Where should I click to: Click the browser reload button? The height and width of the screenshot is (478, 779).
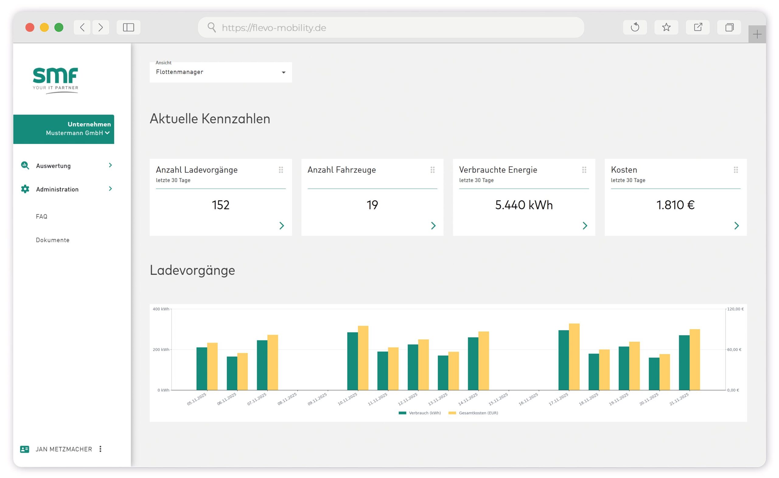[x=634, y=27]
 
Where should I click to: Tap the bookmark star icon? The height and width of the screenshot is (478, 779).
[x=666, y=27]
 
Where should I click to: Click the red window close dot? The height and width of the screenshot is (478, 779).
[x=30, y=27]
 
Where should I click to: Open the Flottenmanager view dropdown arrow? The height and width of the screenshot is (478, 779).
[x=284, y=72]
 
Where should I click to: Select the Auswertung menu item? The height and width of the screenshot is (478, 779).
[x=53, y=166]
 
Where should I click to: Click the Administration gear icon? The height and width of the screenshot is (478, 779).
[x=25, y=189]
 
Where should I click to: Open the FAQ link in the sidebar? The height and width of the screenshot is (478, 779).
[x=41, y=217]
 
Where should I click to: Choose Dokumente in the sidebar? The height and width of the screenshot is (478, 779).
[x=52, y=240]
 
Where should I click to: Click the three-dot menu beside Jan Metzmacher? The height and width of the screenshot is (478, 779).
[x=100, y=449]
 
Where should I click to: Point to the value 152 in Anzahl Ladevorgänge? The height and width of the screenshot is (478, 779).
[x=220, y=205]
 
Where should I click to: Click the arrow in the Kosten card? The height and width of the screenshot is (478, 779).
[x=736, y=226]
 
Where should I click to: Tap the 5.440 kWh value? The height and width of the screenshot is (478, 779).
[x=524, y=205]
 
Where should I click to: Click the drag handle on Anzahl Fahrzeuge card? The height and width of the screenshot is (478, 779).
[x=432, y=170]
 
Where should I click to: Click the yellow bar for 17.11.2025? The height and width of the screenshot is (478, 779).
[x=574, y=357]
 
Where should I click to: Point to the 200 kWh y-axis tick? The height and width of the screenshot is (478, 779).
[x=161, y=350]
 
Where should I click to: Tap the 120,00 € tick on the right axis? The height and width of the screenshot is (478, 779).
[x=735, y=309]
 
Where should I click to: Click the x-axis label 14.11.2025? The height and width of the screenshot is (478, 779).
[x=468, y=399]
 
